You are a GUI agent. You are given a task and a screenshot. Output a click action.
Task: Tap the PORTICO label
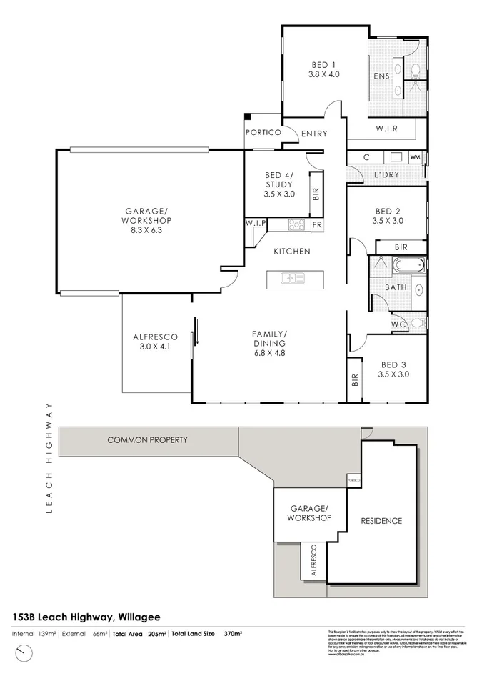pyautogui.click(x=261, y=133)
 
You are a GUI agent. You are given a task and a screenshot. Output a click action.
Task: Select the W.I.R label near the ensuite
pyautogui.click(x=386, y=129)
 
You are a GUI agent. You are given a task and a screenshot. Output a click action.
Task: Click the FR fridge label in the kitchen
pyautogui.click(x=317, y=224)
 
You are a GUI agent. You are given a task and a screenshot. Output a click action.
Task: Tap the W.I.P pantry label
pyautogui.click(x=256, y=224)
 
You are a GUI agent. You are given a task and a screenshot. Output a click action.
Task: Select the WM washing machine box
pyautogui.click(x=414, y=157)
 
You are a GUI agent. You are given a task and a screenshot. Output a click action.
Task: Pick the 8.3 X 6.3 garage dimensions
pyautogui.click(x=146, y=230)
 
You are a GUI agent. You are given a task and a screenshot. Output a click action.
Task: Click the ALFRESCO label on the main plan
pyautogui.click(x=150, y=338)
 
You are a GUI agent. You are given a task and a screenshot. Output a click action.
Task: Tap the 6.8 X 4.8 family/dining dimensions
pyautogui.click(x=269, y=353)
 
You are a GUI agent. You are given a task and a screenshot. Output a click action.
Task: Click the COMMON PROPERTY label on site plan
pyautogui.click(x=147, y=440)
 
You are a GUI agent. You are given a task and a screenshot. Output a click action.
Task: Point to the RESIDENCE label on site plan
pyautogui.click(x=381, y=521)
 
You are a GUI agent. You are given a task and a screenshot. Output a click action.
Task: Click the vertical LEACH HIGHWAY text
pyautogui.click(x=50, y=457)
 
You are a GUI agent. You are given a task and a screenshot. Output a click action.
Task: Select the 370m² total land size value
pyautogui.click(x=233, y=634)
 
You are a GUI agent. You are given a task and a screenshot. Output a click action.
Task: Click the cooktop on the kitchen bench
pyautogui.click(x=296, y=224)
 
